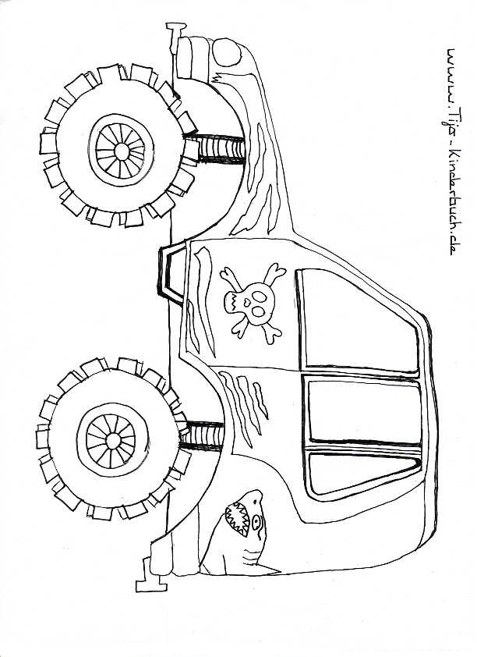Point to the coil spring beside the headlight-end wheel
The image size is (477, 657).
(x=217, y=147)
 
